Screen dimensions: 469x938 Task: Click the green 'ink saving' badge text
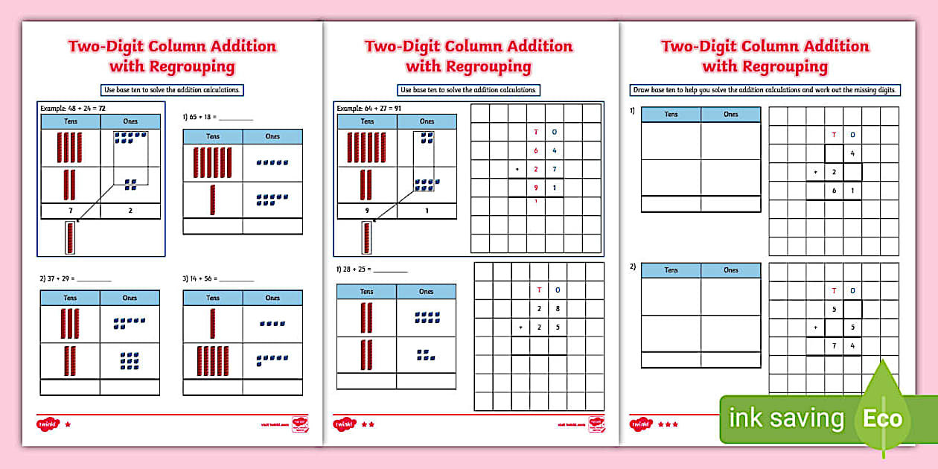coord(786,418)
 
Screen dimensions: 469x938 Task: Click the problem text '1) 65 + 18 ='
coord(218,117)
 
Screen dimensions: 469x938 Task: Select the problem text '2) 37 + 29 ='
coord(75,278)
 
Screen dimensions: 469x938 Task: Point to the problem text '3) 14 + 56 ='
coord(218,278)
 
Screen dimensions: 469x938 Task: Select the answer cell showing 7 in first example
coord(69,211)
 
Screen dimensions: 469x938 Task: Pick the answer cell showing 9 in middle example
coord(367,211)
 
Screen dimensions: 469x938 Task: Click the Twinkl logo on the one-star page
coord(47,424)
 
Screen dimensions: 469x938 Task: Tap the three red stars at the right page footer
coord(667,424)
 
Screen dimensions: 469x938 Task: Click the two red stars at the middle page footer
coord(368,424)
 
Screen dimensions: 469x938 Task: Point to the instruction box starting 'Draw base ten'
coord(766,90)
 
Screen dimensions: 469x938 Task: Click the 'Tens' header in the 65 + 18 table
coord(213,136)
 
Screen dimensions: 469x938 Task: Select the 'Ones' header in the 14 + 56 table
coord(272,298)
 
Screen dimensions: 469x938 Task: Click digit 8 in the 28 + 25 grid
coord(557,308)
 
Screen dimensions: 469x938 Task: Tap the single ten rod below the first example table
coord(71,238)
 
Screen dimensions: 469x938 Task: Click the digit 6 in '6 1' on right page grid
coord(834,191)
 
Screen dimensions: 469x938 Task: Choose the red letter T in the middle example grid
coord(536,133)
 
